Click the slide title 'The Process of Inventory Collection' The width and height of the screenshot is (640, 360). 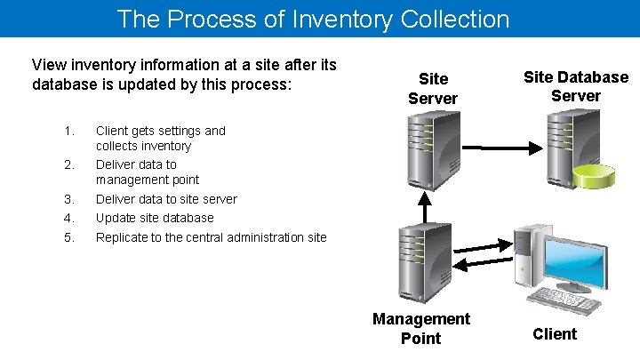(313, 19)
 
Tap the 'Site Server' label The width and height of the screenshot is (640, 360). (433, 89)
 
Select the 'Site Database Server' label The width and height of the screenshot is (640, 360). (575, 86)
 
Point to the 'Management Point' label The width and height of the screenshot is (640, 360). (421, 328)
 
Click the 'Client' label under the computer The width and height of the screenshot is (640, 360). (555, 334)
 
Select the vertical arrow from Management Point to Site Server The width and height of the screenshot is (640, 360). (425, 207)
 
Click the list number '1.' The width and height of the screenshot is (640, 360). (70, 131)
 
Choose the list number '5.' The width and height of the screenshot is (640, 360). (70, 237)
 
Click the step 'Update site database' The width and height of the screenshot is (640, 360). (155, 218)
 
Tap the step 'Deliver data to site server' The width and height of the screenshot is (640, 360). (166, 199)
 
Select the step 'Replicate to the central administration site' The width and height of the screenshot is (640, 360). (211, 237)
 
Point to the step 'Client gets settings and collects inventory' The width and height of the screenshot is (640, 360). (160, 138)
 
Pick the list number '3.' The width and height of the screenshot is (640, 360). (70, 199)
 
